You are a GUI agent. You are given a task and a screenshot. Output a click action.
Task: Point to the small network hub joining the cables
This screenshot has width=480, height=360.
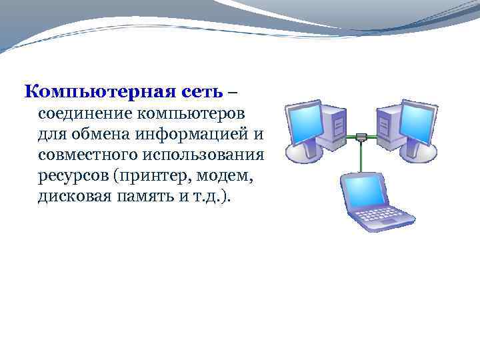point(361,137)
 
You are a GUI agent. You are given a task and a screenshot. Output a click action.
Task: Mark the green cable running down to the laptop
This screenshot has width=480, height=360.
point(361,157)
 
